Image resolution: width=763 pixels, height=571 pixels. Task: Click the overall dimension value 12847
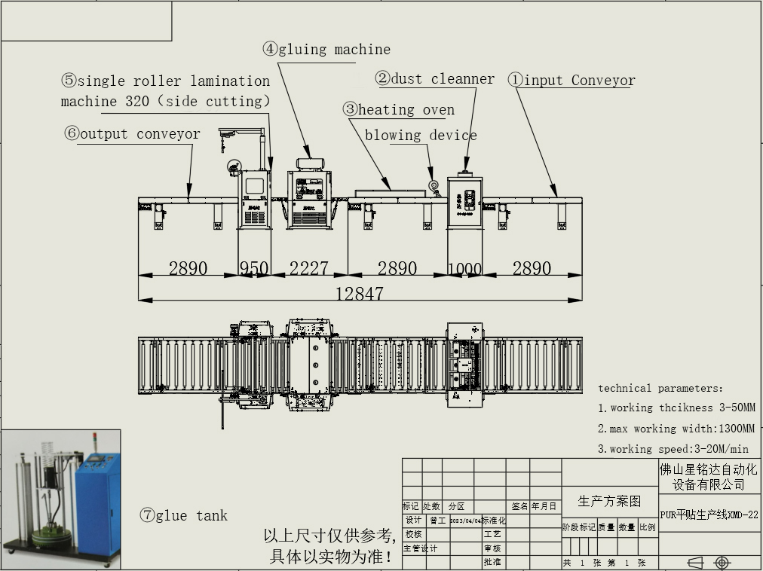(x=360, y=294)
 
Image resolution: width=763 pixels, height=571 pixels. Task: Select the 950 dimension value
(x=254, y=268)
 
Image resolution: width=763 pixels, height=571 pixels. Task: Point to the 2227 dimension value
(x=308, y=268)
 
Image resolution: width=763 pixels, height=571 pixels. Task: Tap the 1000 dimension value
(x=464, y=268)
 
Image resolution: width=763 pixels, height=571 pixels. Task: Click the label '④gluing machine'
(x=326, y=50)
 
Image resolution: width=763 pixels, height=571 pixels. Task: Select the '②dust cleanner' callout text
(x=435, y=78)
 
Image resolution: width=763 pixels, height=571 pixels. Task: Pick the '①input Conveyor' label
(x=571, y=80)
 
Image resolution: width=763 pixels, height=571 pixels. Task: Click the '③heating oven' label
(x=399, y=109)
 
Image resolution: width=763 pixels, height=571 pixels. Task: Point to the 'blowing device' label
(x=421, y=136)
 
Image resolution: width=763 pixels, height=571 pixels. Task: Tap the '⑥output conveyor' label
(x=132, y=134)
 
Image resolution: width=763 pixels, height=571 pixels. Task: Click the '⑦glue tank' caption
(x=183, y=515)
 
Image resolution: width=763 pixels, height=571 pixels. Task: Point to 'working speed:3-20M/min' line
(x=673, y=449)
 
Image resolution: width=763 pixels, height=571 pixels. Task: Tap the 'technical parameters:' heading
(x=660, y=388)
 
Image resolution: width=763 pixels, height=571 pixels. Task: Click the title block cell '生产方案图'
(x=609, y=501)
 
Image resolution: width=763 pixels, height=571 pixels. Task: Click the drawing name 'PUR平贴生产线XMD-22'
(x=709, y=515)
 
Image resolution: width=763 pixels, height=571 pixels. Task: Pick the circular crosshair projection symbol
(x=722, y=563)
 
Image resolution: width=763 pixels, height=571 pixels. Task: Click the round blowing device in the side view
(x=434, y=185)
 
